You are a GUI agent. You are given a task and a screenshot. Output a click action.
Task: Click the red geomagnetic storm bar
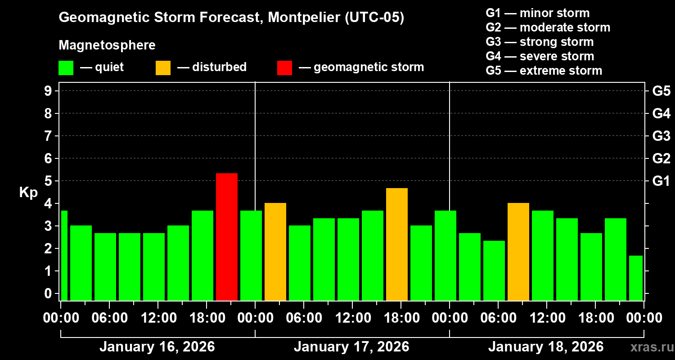coord(227,237)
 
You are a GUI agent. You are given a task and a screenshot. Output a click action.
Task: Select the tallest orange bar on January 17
coord(397,244)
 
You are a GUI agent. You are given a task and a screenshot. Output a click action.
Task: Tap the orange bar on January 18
coord(518,252)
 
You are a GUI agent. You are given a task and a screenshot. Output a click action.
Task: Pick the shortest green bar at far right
coord(635,278)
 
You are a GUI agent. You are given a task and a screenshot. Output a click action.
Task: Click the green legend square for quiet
coord(66,67)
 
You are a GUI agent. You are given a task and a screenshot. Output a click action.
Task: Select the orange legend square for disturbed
coord(163,67)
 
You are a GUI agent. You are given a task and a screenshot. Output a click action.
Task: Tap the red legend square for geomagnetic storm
coord(285,67)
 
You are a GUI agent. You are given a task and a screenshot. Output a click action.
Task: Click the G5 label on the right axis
coord(661,91)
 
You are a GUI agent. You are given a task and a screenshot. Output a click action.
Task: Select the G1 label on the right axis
coord(661,181)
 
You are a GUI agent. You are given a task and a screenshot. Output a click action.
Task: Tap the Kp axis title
coord(28,192)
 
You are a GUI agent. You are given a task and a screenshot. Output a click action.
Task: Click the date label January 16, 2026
coord(157,347)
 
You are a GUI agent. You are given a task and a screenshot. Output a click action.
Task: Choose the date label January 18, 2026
coord(546,347)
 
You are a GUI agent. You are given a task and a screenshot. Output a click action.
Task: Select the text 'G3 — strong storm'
coord(540,42)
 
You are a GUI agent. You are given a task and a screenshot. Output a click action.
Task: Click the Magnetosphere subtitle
coord(107,45)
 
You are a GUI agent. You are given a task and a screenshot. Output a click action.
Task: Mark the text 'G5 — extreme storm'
coord(544,71)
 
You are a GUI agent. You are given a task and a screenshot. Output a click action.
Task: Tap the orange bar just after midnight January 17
coord(275,252)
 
